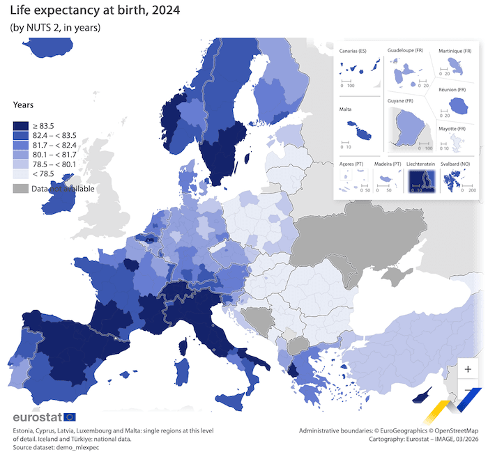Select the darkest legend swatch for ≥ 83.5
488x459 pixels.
coord(21,126)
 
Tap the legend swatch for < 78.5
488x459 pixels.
coord(21,174)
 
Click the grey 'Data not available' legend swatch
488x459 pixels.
coord(21,189)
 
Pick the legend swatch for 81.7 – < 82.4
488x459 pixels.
coord(21,146)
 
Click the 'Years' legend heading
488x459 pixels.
coord(23,105)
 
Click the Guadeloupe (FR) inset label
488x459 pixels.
coord(406,51)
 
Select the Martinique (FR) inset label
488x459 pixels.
coord(455,51)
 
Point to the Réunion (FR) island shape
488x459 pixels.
coord(457,107)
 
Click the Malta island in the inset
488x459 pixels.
coord(358,130)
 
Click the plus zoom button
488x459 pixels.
coord(468,368)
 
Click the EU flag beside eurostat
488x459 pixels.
coord(70,417)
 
